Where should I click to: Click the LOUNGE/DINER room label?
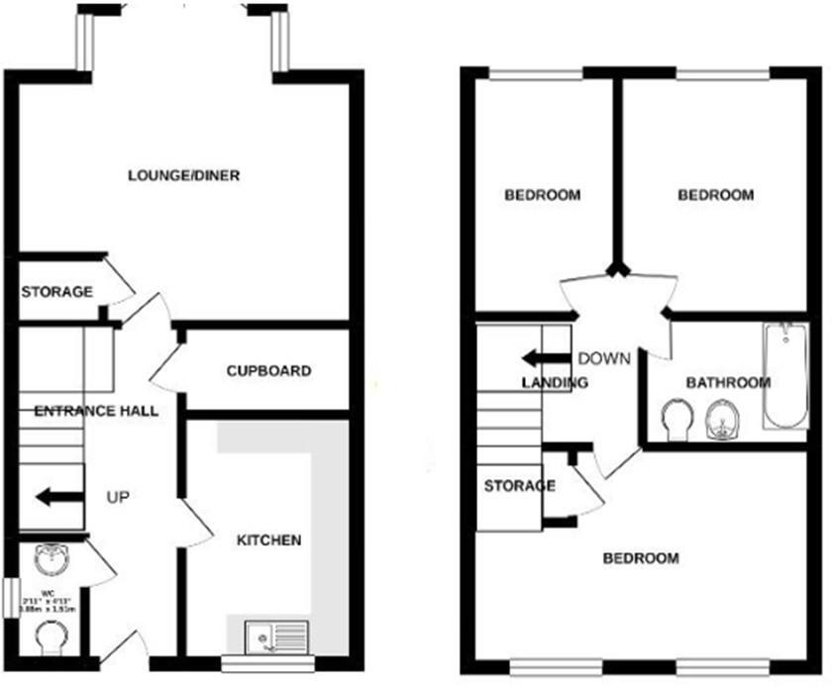[x=184, y=176]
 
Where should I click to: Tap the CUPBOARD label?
[x=268, y=371]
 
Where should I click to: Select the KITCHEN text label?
[x=268, y=541]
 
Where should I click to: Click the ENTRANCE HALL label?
[x=95, y=411]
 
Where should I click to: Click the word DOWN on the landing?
[x=603, y=358]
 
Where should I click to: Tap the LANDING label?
[x=555, y=383]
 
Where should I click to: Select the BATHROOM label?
[x=728, y=383]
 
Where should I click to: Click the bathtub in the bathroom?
[x=785, y=376]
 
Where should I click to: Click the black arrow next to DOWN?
[x=545, y=358]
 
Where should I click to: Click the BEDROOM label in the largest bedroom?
[x=641, y=558]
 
